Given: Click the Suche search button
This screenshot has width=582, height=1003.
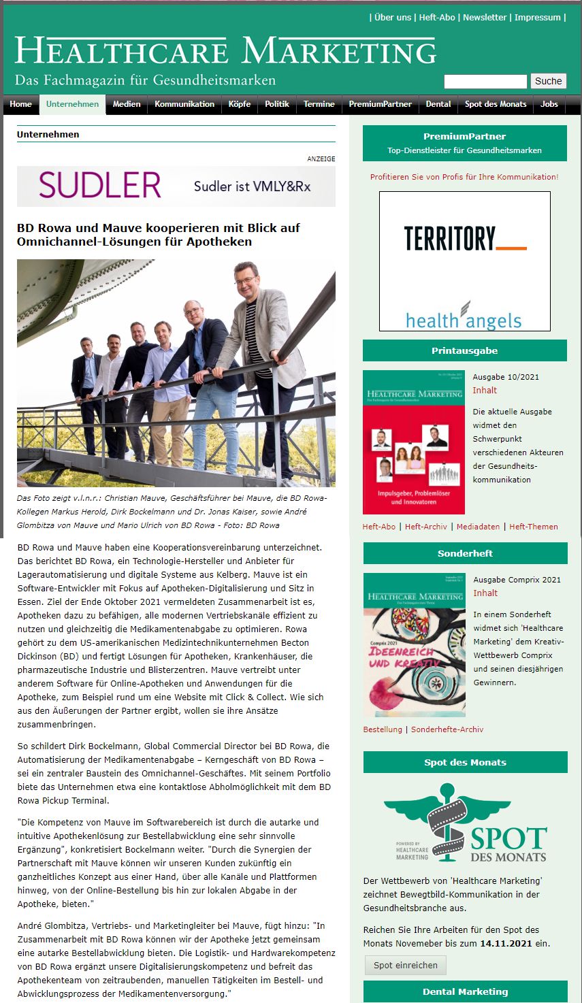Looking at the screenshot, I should click(x=548, y=81).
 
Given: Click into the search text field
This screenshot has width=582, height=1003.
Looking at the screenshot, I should click(x=485, y=82).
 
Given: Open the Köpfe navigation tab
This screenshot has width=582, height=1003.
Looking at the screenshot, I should click(x=240, y=104).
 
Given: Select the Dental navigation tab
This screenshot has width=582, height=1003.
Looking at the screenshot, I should click(x=438, y=104).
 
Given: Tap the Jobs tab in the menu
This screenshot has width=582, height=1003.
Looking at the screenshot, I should click(x=549, y=104).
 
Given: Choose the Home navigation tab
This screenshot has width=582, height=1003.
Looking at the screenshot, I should click(x=21, y=104).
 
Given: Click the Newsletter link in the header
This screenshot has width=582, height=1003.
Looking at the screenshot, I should click(x=485, y=18).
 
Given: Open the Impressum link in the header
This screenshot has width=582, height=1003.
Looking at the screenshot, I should click(x=538, y=18).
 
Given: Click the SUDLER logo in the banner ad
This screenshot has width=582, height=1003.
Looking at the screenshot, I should click(x=100, y=185).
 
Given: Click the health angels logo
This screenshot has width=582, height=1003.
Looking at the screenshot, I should click(x=464, y=318).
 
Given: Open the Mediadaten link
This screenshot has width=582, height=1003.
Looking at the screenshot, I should click(x=478, y=527).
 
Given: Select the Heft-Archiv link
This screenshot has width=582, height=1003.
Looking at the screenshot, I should click(x=426, y=527).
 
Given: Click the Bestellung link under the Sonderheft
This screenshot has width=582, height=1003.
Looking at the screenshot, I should click(x=383, y=729).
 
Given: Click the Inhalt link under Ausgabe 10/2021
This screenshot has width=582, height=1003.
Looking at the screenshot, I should click(x=485, y=391).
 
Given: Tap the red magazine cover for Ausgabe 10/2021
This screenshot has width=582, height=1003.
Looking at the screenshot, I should click(x=414, y=442).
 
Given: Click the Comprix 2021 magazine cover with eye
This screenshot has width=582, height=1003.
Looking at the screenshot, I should click(x=414, y=644).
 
